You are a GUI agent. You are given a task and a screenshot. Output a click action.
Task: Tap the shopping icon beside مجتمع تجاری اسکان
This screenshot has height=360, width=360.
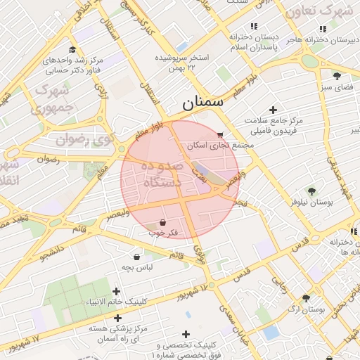[x=221, y=134]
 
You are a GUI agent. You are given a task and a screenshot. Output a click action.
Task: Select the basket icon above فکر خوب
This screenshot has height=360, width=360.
[x=162, y=222]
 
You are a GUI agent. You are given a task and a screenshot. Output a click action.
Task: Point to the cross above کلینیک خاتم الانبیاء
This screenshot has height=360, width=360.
[x=117, y=291]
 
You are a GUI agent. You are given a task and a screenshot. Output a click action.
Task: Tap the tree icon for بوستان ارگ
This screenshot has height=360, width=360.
[x=306, y=298]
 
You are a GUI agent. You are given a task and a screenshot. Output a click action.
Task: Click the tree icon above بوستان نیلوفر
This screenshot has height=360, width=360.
[x=311, y=190]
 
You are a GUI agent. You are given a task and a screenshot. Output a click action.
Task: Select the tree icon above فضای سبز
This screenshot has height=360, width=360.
[x=337, y=76]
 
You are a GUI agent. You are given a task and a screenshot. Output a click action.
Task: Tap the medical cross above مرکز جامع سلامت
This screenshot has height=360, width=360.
[x=273, y=109]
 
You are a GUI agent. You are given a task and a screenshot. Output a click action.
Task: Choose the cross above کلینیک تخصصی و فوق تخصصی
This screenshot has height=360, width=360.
[x=186, y=334]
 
